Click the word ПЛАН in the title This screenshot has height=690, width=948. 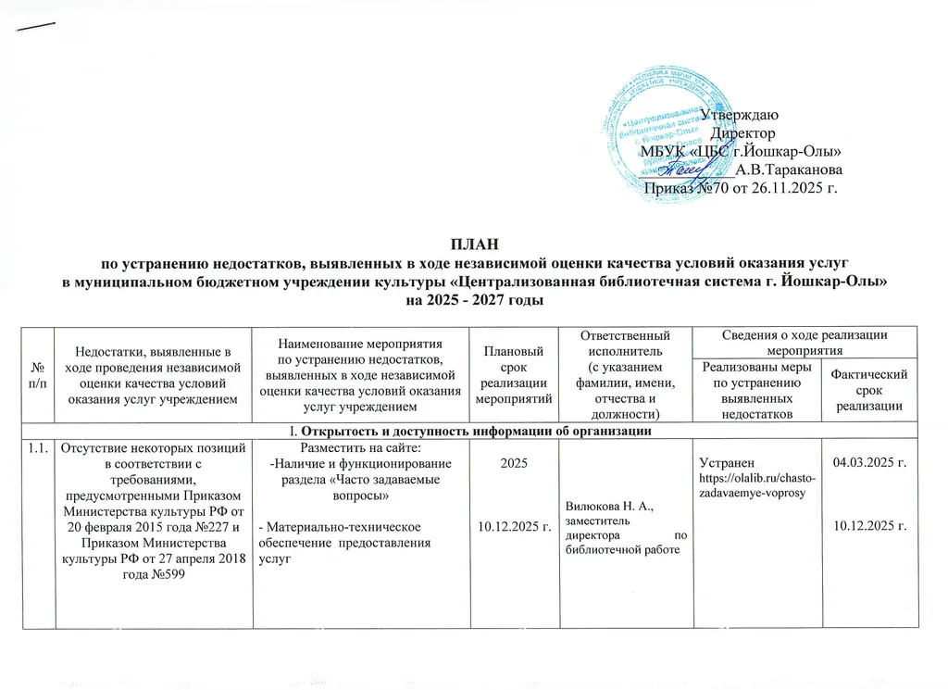coord(473,245)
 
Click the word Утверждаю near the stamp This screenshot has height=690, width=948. coord(738,116)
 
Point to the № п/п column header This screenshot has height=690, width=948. coord(35,375)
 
